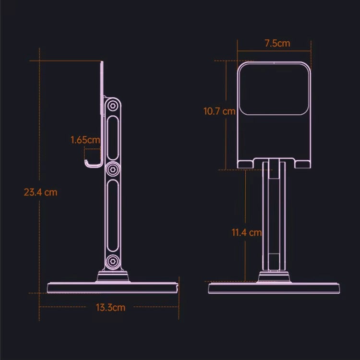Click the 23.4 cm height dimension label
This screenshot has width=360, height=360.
point(40,192)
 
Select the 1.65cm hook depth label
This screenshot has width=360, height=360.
point(85,140)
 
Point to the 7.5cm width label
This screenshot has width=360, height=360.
point(277,43)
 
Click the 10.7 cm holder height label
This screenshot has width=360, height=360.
point(219,111)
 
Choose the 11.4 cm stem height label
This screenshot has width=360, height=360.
point(247,233)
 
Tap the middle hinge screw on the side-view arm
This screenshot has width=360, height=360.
point(113,169)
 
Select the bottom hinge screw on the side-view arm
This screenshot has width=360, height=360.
point(113,262)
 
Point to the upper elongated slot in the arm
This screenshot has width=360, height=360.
point(113,137)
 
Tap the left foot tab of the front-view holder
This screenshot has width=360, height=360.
point(246,164)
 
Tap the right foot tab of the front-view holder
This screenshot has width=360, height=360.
point(302,164)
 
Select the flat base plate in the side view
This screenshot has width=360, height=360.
point(113,288)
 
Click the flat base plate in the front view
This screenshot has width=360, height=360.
point(274,288)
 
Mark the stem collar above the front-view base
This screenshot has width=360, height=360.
point(274,277)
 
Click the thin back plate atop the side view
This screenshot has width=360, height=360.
point(102,96)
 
